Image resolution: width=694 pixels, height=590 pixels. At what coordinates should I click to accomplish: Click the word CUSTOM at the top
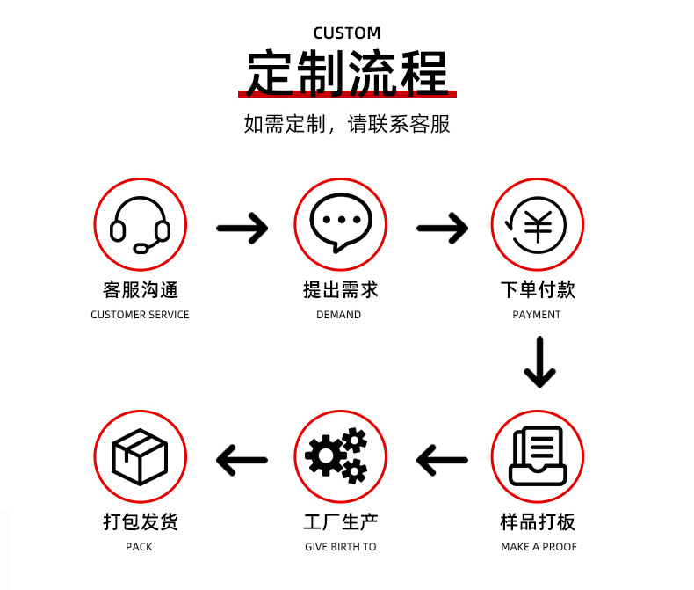(346, 33)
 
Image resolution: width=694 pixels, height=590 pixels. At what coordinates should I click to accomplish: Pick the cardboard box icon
(140, 456)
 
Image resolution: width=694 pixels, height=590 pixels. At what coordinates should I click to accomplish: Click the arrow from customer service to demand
(242, 228)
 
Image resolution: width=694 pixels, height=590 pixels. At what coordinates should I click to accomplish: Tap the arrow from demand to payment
(442, 228)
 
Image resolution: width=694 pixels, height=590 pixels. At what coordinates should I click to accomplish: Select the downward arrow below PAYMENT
(539, 362)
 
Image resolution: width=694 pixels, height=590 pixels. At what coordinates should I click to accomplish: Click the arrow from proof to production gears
(442, 460)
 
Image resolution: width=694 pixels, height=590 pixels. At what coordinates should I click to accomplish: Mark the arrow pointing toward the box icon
(242, 460)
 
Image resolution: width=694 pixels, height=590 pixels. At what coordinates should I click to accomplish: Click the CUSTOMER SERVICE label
(140, 315)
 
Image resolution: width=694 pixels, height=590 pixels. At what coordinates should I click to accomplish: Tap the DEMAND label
(338, 315)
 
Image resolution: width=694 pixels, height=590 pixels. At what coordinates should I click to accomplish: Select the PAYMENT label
(537, 315)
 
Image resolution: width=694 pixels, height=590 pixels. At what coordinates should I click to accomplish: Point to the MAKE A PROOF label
(539, 547)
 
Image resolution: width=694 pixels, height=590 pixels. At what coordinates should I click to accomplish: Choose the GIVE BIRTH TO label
(340, 547)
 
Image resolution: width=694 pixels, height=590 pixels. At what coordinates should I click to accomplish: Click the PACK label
(139, 547)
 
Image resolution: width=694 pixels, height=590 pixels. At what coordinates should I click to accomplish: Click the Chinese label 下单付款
(538, 290)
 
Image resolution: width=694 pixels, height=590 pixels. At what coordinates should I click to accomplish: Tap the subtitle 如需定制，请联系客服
(347, 124)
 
